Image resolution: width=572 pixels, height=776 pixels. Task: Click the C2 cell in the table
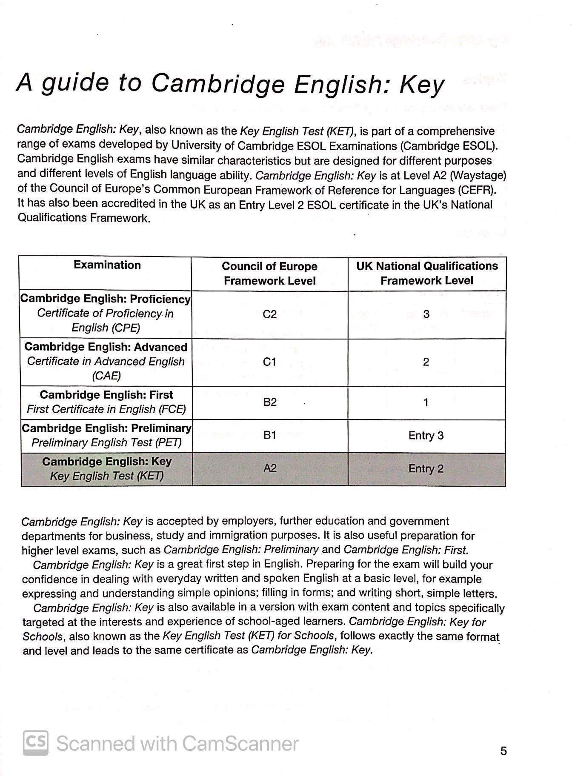[x=269, y=314]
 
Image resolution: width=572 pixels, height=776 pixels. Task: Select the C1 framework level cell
[x=269, y=362]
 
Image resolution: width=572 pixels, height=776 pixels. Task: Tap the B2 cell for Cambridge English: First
[x=270, y=402]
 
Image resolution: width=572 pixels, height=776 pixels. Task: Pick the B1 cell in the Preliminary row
[x=270, y=435]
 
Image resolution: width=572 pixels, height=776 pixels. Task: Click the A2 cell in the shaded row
[x=270, y=468]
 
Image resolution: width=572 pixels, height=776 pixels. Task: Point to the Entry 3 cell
[x=426, y=436]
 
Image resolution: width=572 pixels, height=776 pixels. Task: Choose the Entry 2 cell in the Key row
[x=426, y=469]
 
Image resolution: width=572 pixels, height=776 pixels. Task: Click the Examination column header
[x=107, y=265]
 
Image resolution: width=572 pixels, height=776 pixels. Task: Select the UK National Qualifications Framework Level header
[x=427, y=273]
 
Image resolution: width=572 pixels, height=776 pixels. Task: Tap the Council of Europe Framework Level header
[x=269, y=274]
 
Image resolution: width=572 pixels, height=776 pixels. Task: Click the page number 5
[x=503, y=751]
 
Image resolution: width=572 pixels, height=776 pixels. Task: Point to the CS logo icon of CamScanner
[x=35, y=743]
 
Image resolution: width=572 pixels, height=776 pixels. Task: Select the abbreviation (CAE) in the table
[x=106, y=376]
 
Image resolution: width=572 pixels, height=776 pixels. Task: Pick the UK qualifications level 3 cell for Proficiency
[x=426, y=314]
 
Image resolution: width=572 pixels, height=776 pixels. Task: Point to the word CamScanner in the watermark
[x=240, y=744]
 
